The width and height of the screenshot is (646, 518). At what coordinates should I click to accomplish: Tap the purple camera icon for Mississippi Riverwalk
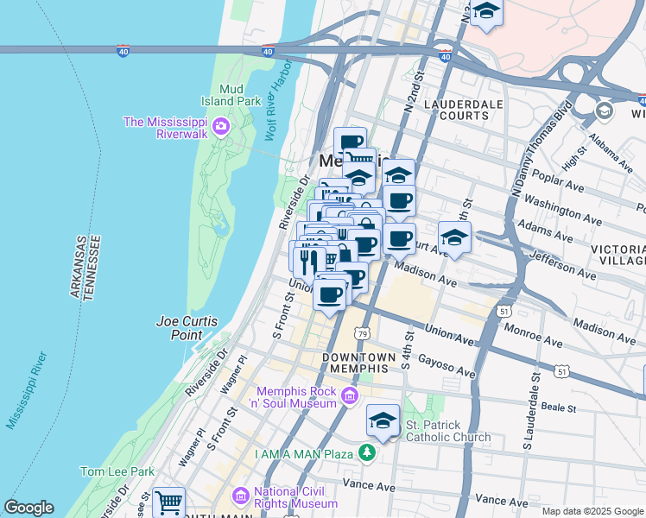point(221,128)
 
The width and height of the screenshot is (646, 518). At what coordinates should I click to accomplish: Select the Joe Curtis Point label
point(187,328)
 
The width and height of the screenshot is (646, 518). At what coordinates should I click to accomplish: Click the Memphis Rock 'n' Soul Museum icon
point(349,396)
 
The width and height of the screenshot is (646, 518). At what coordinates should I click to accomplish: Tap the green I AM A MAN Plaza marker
point(368,452)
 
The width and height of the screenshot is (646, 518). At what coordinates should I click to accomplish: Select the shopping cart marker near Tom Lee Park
point(168,502)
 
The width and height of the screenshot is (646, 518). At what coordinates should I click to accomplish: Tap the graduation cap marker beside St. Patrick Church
point(383,420)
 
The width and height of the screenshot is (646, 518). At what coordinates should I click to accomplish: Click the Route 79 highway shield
point(362,333)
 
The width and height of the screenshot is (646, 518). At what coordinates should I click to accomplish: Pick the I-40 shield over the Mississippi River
point(123,52)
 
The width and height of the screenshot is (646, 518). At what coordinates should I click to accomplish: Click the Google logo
point(28,508)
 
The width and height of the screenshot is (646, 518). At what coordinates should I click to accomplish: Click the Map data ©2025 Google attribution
point(592,511)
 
